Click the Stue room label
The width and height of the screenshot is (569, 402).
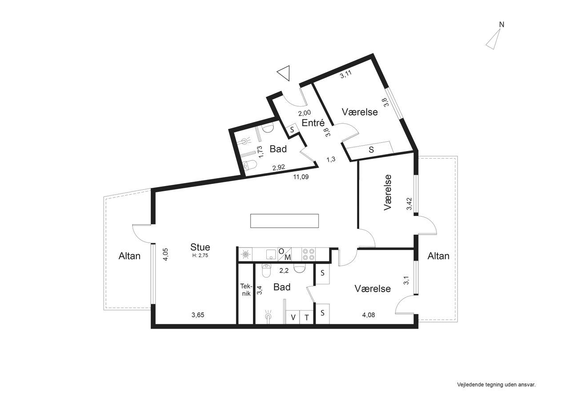coord(200,247)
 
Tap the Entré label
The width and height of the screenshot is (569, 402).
coord(313,123)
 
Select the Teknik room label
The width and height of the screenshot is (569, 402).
coord(246,290)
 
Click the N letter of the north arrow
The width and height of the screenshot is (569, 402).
coord(501,24)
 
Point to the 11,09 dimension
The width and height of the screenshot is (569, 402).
coord(301,177)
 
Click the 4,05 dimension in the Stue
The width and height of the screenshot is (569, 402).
coord(165,255)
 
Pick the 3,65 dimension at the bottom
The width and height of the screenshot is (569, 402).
coord(198,315)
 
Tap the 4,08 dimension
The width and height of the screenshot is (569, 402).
coord(369,315)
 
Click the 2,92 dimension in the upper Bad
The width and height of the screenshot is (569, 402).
coord(279,167)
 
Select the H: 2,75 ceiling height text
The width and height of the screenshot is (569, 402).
coord(200,255)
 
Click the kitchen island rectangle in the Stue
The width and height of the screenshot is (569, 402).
coord(284,221)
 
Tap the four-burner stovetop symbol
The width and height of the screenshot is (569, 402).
coord(309,255)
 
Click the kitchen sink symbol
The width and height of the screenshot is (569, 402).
coord(271,254)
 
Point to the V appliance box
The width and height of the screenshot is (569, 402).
coord(293,317)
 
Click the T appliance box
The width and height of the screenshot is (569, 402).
coord(307,317)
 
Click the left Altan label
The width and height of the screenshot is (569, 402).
coord(129,256)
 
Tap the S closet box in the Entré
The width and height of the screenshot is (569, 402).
coord(292,130)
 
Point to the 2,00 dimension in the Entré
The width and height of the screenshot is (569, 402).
coord(305,113)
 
